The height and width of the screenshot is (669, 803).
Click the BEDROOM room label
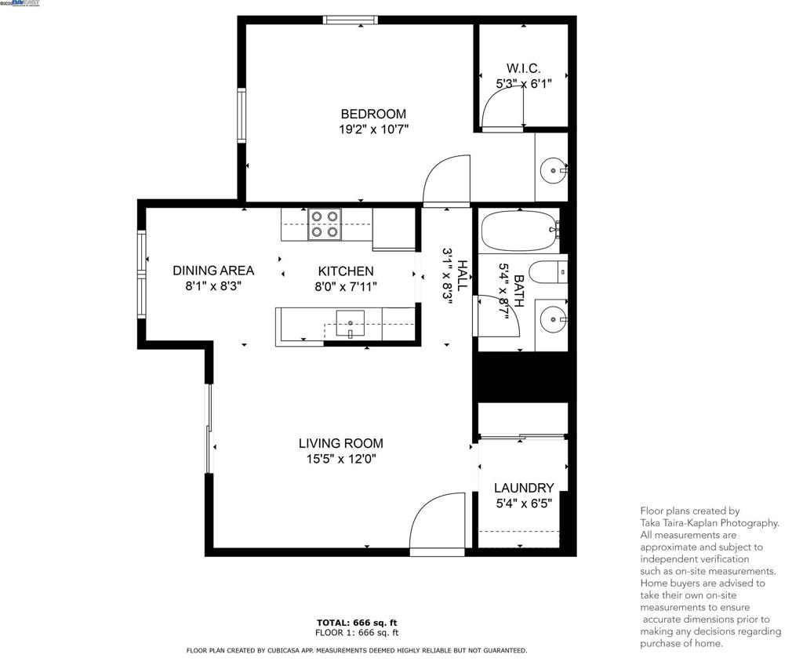[x=373, y=114]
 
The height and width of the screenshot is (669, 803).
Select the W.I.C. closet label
[x=523, y=68]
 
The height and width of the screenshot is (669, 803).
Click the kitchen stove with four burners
[x=324, y=224]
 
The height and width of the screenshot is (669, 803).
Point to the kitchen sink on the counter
[x=351, y=322]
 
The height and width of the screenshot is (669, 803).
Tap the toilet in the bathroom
[x=547, y=273]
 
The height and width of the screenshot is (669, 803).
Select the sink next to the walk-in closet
[x=554, y=169]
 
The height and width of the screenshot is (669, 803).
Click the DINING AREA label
[x=213, y=271]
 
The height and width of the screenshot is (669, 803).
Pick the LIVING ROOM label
[x=341, y=443]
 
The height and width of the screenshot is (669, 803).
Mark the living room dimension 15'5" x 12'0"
[x=341, y=459]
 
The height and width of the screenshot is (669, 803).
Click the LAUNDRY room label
[x=523, y=488]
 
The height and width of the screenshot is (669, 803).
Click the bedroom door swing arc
[x=445, y=180]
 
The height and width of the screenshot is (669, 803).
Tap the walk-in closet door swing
[x=502, y=107]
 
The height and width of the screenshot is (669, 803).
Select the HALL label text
[x=463, y=275]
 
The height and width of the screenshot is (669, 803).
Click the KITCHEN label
[x=340, y=271]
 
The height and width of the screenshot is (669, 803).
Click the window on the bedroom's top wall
[x=350, y=20]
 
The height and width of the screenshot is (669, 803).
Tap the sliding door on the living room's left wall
[x=209, y=428]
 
